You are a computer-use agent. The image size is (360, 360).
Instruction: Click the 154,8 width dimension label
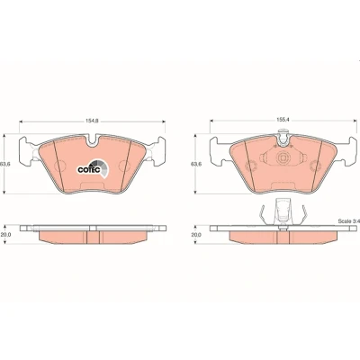click(93, 121)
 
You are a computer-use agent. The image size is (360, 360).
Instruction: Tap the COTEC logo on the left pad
click(93, 168)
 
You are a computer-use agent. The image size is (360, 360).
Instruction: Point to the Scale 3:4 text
click(348, 221)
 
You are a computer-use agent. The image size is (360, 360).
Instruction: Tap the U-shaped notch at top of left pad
click(93, 140)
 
